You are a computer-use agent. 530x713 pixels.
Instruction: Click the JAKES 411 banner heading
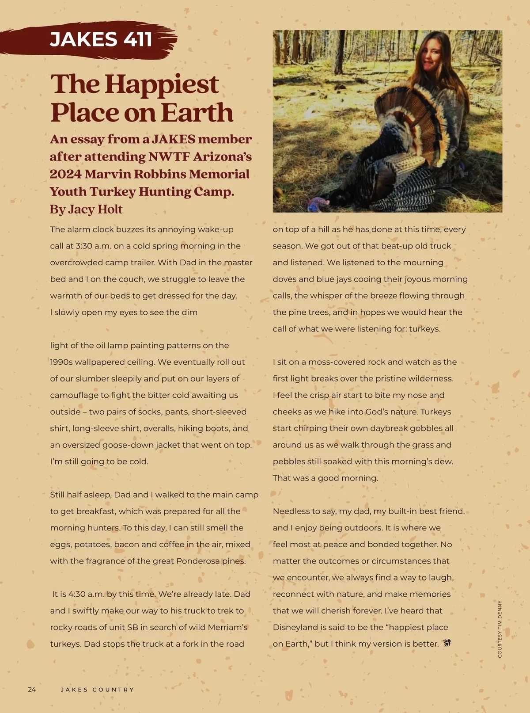click(101, 39)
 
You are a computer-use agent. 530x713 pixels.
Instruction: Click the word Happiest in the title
click(162, 84)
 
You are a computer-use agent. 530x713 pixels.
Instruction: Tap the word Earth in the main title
click(197, 113)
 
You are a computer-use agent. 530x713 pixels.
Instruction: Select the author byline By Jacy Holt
click(86, 209)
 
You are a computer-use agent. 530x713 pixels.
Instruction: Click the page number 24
click(32, 690)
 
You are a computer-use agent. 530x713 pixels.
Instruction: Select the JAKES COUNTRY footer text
click(97, 690)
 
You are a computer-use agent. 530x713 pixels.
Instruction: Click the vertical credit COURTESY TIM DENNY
click(500, 629)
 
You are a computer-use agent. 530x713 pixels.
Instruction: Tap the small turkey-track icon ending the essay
click(447, 643)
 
